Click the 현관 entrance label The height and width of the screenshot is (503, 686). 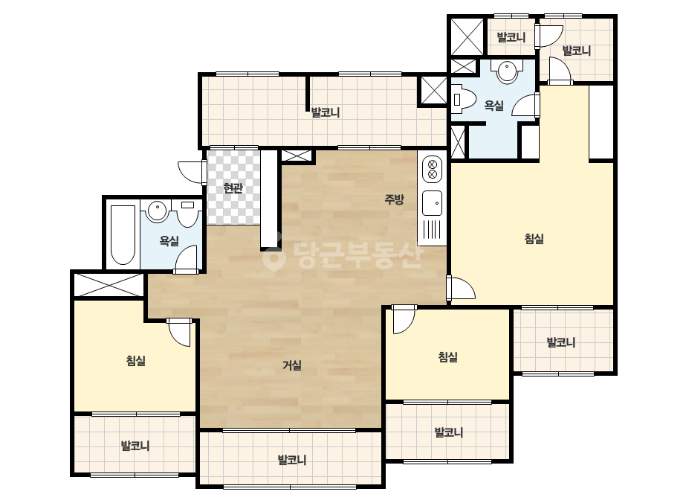[233, 188]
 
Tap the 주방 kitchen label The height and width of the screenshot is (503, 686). [394, 200]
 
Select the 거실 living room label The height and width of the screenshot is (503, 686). [292, 365]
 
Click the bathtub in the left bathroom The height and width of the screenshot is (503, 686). [123, 235]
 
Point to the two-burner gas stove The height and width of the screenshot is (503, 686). [433, 170]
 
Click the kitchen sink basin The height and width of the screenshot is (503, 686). [433, 203]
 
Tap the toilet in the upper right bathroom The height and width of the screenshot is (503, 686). [464, 100]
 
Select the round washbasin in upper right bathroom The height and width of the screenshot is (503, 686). [507, 71]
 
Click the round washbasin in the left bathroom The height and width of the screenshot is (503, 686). [157, 211]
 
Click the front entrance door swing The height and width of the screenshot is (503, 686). [192, 172]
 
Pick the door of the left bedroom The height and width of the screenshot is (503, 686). [180, 332]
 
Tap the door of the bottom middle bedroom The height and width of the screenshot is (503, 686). [404, 319]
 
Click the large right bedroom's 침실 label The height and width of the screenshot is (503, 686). [534, 239]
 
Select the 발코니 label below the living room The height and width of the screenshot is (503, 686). [292, 460]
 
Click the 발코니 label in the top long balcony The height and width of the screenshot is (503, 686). [326, 112]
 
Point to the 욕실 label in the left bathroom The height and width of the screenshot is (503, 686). [169, 240]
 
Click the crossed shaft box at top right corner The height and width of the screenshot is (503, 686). [467, 36]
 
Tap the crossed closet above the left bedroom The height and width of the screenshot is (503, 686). [108, 285]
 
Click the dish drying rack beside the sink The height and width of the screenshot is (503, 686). [433, 231]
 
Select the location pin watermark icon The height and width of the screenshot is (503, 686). [274, 257]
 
